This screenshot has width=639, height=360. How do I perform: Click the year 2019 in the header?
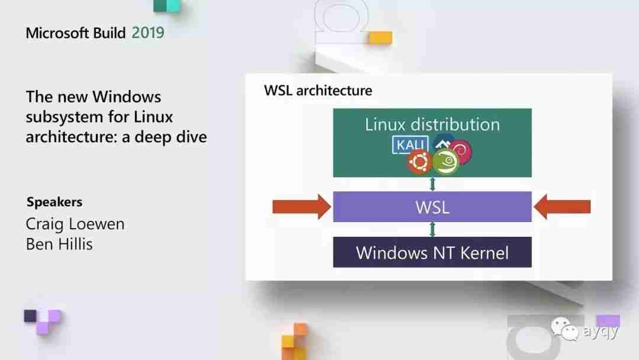[148, 33]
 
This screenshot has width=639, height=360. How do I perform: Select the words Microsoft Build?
[76, 33]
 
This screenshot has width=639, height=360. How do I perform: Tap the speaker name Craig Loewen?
[75, 224]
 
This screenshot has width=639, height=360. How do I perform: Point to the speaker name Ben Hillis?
[59, 244]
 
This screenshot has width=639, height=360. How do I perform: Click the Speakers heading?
[54, 202]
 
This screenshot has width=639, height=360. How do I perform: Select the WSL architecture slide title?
[318, 91]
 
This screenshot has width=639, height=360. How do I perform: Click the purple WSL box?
[433, 207]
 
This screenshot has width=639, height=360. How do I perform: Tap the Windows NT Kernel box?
[433, 252]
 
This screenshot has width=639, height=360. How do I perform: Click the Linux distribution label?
[433, 124]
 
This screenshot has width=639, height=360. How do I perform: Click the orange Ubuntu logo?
[419, 162]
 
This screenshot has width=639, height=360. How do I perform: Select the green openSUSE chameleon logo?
[446, 162]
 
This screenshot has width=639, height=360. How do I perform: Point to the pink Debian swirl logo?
[461, 150]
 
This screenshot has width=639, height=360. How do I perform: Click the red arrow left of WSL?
[302, 207]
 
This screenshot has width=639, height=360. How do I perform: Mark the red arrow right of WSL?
[562, 207]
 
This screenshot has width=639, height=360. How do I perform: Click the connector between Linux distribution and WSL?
[433, 184]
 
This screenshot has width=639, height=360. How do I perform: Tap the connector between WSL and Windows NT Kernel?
[433, 230]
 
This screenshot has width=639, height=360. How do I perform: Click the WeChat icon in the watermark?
[565, 329]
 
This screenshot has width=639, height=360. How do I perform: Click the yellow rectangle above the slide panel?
[380, 37]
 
